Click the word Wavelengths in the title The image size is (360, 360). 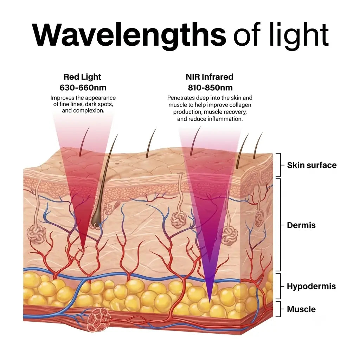(x=129, y=35)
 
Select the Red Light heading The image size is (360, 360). (x=82, y=77)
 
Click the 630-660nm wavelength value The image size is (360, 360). (x=83, y=88)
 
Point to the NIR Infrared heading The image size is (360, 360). (x=210, y=77)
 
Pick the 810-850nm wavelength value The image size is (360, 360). (x=210, y=88)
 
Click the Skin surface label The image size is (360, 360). (x=312, y=165)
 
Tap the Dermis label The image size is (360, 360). (x=301, y=225)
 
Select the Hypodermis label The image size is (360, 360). (x=311, y=287)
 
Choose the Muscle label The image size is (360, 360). (x=301, y=309)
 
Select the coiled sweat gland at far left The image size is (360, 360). (x=37, y=234)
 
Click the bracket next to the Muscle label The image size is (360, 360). (x=278, y=309)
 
